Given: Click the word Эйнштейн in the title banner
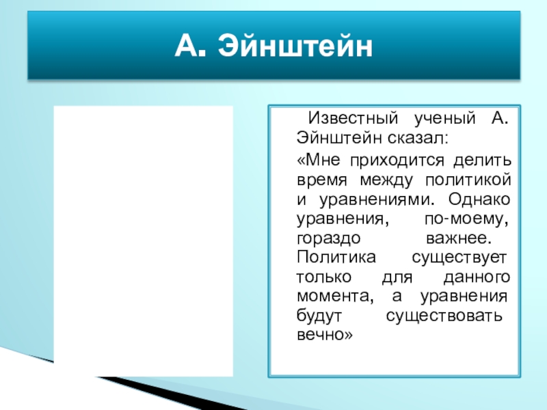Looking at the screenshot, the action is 295,46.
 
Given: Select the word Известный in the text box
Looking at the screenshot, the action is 353,118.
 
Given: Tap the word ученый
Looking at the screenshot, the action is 445,119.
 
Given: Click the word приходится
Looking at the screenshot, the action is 397,161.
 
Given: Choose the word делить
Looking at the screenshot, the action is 483,161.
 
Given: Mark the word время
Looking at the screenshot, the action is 321,180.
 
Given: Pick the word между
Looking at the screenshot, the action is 386,180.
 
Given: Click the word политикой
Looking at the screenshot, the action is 468,180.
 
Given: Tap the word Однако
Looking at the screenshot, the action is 479,199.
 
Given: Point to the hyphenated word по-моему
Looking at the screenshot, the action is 466,219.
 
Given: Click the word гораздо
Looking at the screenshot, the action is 328,238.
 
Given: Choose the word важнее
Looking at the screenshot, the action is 459,238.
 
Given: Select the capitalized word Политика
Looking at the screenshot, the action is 336,258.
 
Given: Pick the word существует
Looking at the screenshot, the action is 459,258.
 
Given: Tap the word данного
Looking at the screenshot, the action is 477,277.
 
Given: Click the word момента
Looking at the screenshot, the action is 335,297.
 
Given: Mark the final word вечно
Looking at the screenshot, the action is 325,335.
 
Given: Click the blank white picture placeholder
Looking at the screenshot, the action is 144,241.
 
